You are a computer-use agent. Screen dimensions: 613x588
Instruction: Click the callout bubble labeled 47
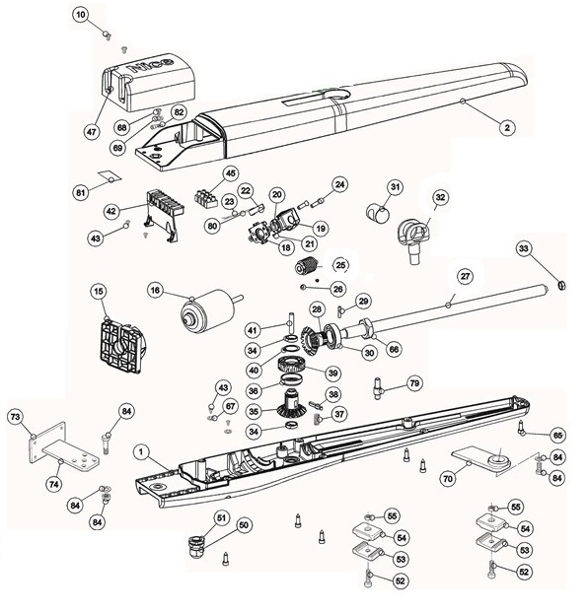coord(92,131)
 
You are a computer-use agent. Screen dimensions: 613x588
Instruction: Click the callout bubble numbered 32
coord(440,197)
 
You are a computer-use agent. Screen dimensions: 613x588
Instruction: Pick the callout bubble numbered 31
coord(394,187)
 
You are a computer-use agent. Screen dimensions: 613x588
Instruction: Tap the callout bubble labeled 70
coord(447,477)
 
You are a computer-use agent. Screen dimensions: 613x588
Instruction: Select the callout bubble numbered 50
coord(244,524)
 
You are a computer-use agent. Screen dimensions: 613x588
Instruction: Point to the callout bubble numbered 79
coord(413,382)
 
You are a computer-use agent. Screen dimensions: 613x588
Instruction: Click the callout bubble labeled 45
coord(231,173)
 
